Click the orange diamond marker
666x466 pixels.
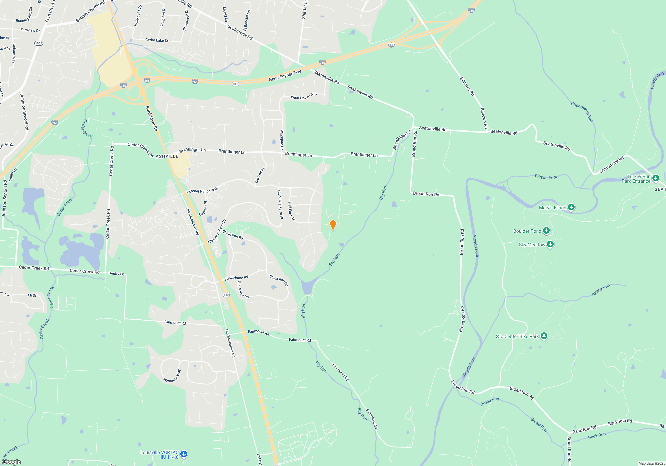click(x=333, y=225)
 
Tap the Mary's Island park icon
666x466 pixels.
click(x=571, y=207)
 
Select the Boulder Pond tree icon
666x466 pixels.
click(x=546, y=231)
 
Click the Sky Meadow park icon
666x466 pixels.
click(x=550, y=245)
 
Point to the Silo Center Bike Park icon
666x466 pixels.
click(x=544, y=336)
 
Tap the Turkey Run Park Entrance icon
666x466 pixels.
click(x=655, y=178)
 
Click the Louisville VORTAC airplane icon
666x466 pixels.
click(x=184, y=454)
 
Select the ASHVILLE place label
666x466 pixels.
click(x=167, y=156)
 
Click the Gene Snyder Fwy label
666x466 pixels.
click(x=285, y=76)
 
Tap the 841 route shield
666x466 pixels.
click(x=235, y=84)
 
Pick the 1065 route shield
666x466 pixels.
click(x=39, y=43)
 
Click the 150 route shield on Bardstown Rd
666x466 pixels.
click(x=226, y=294)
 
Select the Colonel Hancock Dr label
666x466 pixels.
click(x=202, y=190)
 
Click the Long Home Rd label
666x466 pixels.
click(x=236, y=278)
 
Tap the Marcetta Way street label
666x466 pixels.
click(x=172, y=376)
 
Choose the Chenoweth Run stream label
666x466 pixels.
click(x=582, y=112)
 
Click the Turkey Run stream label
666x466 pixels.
click(x=600, y=290)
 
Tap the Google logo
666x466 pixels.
click(x=11, y=462)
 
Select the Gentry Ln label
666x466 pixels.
click(x=116, y=274)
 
